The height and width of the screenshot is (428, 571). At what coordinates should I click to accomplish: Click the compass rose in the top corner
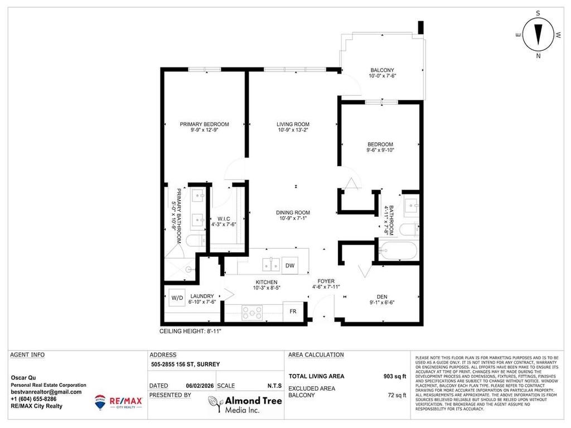pos(538,34)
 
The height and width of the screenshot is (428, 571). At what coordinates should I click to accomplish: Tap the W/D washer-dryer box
pos(177,298)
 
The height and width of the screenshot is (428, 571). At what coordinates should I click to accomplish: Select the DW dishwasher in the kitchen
pos(290,266)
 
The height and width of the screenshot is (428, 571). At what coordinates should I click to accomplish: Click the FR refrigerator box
pos(293,312)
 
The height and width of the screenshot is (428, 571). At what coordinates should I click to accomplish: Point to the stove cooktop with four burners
pos(251,312)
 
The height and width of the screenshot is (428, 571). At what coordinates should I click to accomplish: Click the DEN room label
pos(382,297)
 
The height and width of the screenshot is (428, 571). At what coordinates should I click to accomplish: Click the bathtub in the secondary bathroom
pos(397,251)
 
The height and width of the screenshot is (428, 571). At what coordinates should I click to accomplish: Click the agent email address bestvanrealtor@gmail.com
pos(46,392)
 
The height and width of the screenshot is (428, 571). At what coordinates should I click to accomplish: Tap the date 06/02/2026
pos(200,386)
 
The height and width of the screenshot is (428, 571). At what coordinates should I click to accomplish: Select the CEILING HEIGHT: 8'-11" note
pos(191,331)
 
